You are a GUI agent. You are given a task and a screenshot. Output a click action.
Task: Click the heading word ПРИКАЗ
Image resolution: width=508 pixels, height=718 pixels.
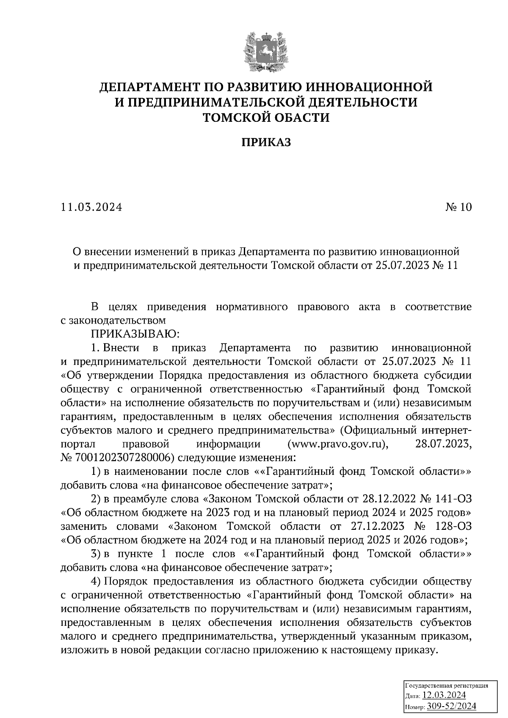point(266,143)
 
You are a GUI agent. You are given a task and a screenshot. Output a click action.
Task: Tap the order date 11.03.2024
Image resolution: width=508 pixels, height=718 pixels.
point(91,207)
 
